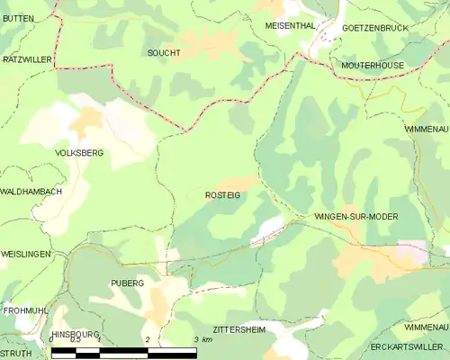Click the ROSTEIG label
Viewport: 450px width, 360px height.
222,195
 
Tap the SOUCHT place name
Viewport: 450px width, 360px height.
163,53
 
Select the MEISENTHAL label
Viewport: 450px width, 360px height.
290,26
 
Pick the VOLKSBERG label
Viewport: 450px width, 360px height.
79,153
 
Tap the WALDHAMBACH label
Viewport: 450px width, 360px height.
31,192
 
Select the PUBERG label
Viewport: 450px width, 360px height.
127,283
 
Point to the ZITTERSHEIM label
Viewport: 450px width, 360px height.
239,329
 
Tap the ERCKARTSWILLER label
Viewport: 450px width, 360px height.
408,346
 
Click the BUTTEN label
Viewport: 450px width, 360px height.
17,17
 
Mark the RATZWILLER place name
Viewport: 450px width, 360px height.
28,58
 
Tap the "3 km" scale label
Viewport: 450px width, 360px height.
203,339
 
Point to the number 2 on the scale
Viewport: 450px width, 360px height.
147,339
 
